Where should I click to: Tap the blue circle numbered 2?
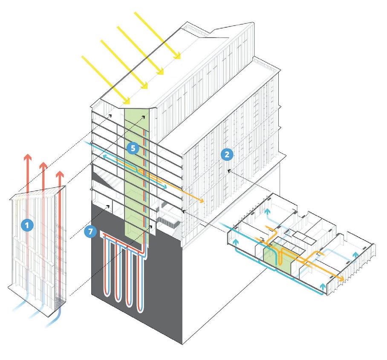pyautogui.click(x=227, y=154)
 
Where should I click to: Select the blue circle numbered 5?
pyautogui.click(x=133, y=148)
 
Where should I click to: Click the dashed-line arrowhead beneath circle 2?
pyautogui.click(x=229, y=171)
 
